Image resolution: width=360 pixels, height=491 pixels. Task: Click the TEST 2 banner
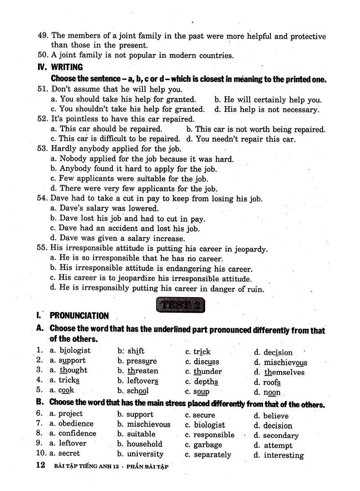[x=180, y=305]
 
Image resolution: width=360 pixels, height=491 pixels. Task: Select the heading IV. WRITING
[x=61, y=67]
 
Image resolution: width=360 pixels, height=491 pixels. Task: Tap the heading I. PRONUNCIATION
[x=73, y=316]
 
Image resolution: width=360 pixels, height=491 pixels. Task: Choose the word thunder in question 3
[x=207, y=371]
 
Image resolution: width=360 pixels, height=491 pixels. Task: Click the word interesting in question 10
[x=283, y=455]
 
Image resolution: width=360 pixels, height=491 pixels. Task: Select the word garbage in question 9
[x=207, y=445]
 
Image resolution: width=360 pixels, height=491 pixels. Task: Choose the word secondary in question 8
[x=281, y=436]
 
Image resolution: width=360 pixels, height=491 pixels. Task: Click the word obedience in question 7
[x=76, y=424]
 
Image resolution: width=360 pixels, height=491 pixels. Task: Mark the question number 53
[x=42, y=149]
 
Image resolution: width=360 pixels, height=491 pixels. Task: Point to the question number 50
[x=42, y=56]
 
